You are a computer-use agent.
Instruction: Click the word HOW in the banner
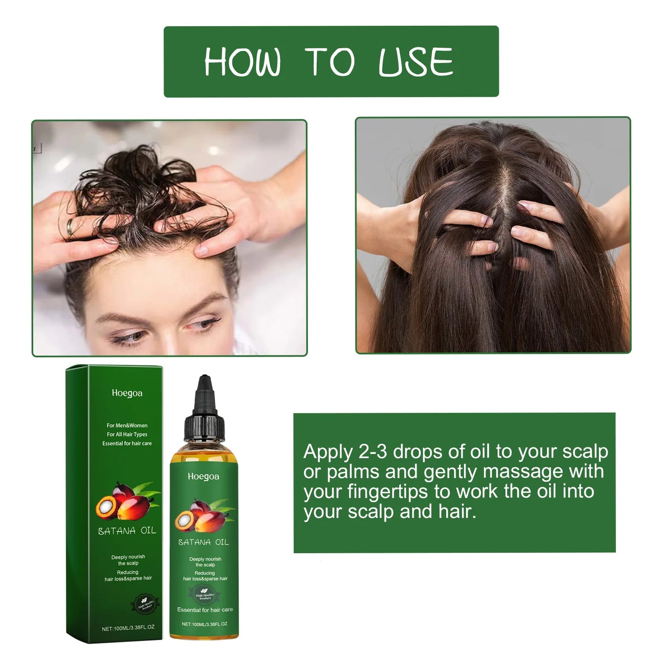coord(242,62)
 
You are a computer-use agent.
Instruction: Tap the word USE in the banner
coord(416,62)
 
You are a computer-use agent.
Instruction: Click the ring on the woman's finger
coord(69,227)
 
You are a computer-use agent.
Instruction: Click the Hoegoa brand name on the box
coord(127,393)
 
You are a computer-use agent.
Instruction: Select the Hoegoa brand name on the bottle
coord(204,477)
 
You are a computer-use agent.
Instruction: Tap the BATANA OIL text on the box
coord(127,531)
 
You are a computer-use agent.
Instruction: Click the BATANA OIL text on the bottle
coord(204,542)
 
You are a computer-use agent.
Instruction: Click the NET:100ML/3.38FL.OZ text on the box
coord(128,628)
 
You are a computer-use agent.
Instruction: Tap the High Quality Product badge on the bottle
coord(205,596)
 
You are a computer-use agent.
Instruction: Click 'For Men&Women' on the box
coord(127,426)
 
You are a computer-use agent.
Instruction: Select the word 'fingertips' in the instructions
coord(388,492)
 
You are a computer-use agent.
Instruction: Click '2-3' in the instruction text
coord(372,452)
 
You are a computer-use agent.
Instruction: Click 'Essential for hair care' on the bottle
coord(205,610)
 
